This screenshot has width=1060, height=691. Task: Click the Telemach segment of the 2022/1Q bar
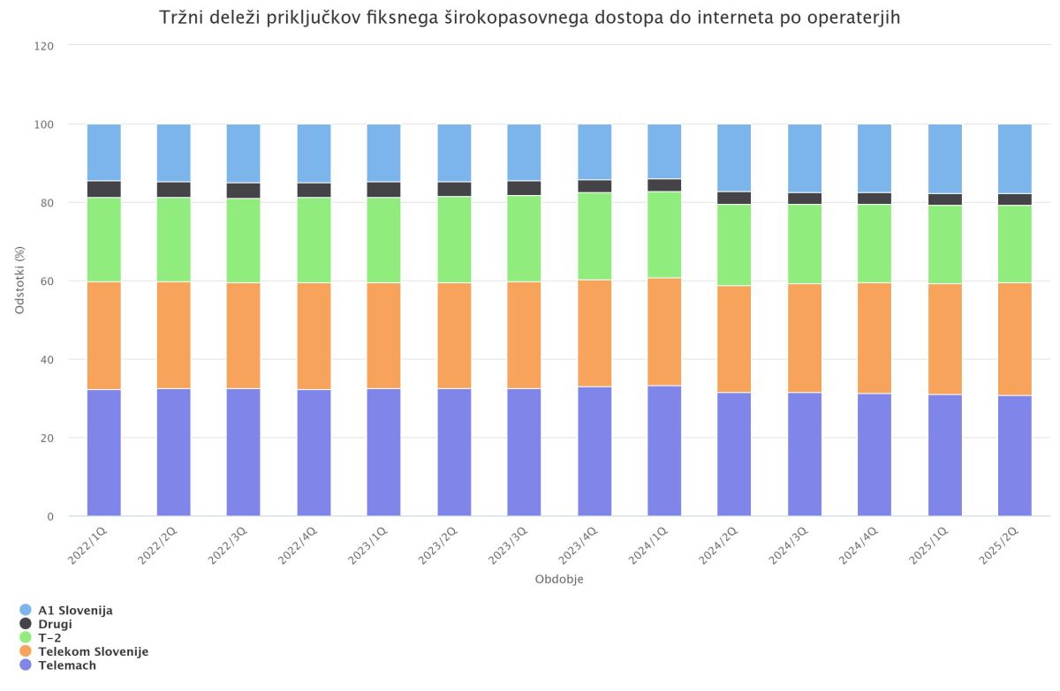point(104,452)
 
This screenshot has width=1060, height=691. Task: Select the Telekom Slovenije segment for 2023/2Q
point(454,335)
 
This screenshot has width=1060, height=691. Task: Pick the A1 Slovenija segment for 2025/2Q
point(1014,158)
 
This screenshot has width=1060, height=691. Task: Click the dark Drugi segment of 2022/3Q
point(244,191)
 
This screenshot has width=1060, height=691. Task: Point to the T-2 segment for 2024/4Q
point(874,244)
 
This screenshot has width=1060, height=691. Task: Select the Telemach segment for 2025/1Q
point(944,454)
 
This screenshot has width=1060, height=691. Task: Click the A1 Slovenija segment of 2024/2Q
point(734,157)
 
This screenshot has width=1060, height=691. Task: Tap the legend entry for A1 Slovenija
point(75,610)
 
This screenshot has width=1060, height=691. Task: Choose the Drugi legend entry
point(55,624)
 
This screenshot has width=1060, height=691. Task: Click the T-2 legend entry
point(49,637)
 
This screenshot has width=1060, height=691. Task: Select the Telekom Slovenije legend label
point(93,651)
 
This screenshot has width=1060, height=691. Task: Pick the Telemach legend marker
point(26,665)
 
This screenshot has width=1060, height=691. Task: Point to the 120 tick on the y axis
point(46,46)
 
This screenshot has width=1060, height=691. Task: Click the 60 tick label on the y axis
point(49,282)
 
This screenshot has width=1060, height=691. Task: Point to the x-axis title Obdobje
point(559,580)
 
